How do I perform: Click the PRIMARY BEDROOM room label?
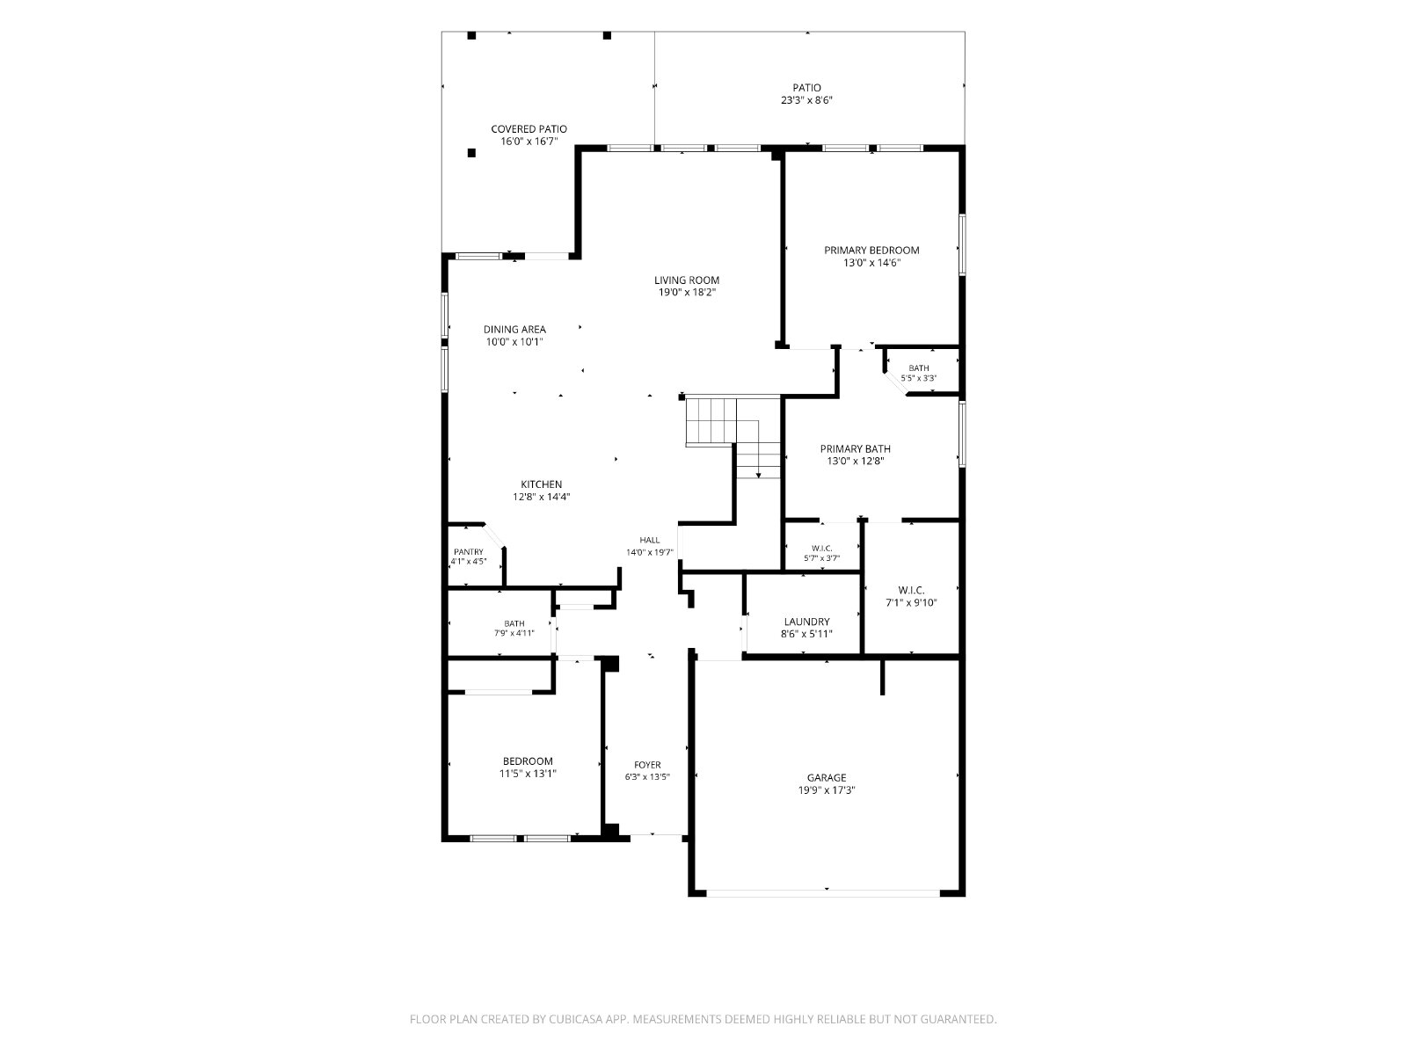(x=871, y=251)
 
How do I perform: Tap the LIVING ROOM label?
(x=687, y=280)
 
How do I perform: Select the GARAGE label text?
(x=827, y=778)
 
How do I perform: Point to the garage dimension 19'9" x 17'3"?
(x=827, y=790)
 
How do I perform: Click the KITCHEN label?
(x=541, y=484)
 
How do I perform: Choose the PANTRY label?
(x=469, y=551)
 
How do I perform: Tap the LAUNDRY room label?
(x=806, y=622)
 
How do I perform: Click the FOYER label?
(x=647, y=765)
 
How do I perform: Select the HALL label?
(x=649, y=540)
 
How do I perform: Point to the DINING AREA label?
(x=514, y=329)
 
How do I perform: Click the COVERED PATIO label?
(x=529, y=128)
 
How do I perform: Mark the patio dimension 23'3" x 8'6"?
(x=806, y=100)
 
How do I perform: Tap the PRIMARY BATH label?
(x=855, y=448)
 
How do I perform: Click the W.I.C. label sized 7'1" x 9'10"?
(x=911, y=590)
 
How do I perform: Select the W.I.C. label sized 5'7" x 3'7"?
(x=821, y=549)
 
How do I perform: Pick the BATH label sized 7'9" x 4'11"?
(x=514, y=623)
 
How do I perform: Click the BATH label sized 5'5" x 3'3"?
(x=919, y=368)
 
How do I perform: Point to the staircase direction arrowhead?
(x=758, y=476)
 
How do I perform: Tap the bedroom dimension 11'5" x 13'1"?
(x=528, y=773)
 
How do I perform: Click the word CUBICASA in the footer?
(x=576, y=1018)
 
